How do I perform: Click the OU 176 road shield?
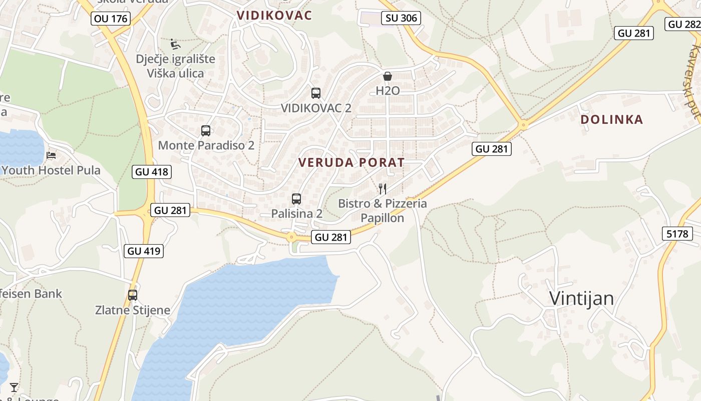point(111,19)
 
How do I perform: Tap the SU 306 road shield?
point(401,19)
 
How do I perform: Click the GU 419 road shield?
point(144,251)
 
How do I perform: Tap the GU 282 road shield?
point(684,24)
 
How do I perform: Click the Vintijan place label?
point(581,298)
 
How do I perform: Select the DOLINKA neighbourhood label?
point(612,120)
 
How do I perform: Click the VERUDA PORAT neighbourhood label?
point(351,162)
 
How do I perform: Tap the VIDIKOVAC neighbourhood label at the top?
point(274,15)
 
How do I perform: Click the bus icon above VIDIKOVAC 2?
point(316,93)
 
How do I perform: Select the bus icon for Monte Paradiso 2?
point(206,131)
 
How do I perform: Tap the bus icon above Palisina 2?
point(296,199)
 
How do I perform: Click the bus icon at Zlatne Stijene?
point(133,295)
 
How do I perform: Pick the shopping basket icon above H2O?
point(388,76)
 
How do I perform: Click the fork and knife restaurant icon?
point(382,189)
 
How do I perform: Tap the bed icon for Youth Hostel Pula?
point(51,155)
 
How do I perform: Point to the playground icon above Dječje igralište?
point(175,44)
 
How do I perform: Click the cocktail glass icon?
point(14,387)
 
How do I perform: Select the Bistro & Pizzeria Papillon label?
point(383,211)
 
